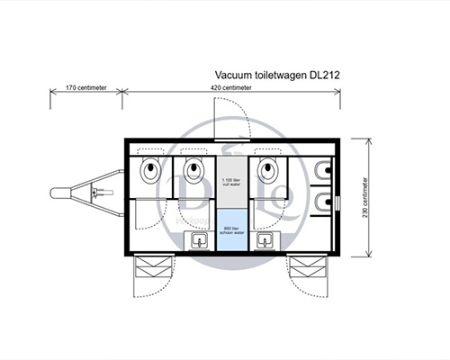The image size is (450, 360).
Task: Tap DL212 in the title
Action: tap(326, 76)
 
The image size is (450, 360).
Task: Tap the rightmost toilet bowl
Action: tap(268, 169)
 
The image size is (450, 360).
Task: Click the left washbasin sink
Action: tap(198, 240)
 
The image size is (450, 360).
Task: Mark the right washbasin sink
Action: tap(265, 240)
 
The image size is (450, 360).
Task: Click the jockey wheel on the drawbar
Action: tap(97, 193)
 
